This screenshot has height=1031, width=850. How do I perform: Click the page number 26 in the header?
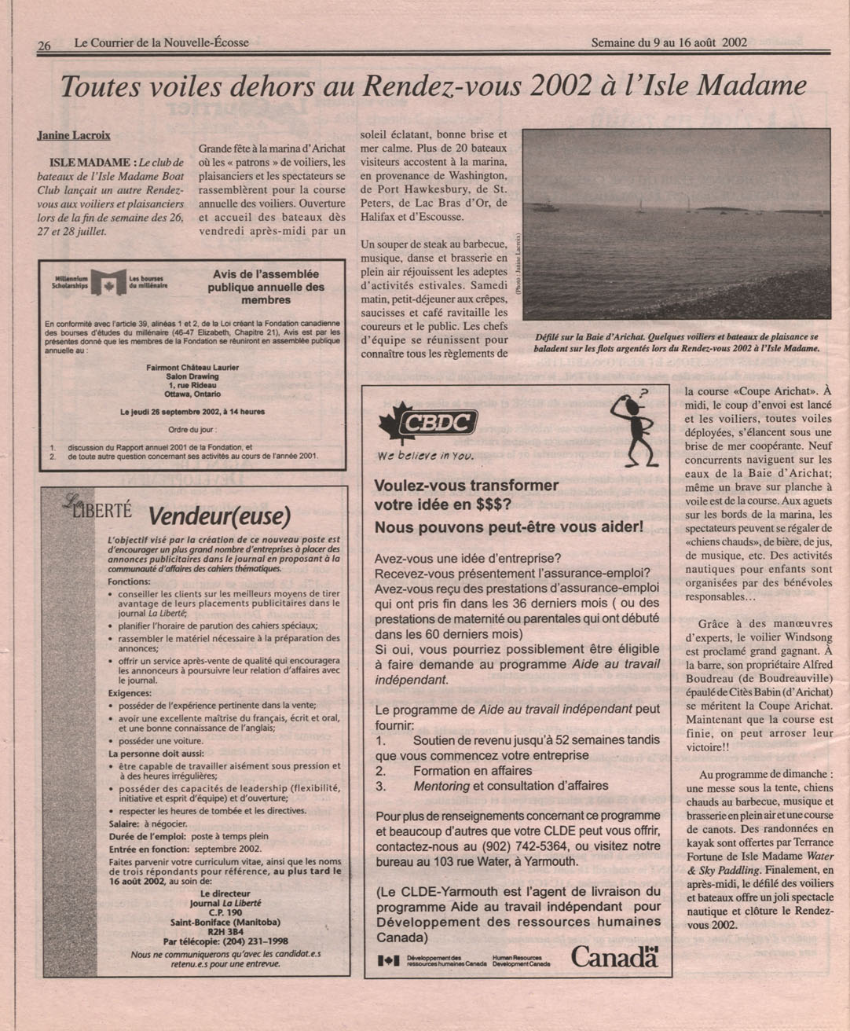click(44, 46)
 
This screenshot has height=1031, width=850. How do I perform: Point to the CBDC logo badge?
click(439, 424)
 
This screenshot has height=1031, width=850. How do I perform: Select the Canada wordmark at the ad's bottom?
click(614, 956)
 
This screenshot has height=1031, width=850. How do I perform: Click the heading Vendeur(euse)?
click(219, 516)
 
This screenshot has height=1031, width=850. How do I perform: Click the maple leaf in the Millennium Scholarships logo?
click(108, 284)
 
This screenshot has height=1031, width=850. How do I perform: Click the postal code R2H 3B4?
click(221, 931)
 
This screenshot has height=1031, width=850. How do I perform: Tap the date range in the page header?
click(669, 42)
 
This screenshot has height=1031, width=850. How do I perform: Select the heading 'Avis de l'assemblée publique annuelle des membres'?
click(266, 287)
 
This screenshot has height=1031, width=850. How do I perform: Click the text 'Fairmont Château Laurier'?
click(192, 367)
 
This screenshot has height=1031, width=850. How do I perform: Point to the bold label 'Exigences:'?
click(130, 693)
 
